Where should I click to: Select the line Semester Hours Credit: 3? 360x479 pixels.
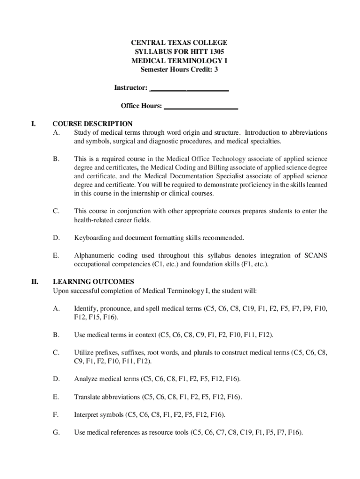tap(180, 70)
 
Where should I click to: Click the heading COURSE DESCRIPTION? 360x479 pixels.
tap(93, 124)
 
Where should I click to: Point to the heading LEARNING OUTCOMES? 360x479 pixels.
tap(94, 282)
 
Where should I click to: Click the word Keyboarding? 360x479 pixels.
tap(92, 238)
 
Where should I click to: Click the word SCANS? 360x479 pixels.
tap(316, 255)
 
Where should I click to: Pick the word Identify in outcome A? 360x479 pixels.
tap(85, 309)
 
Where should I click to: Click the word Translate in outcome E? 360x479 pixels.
tap(87, 397)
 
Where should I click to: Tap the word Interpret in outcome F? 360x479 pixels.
tap(86, 414)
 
